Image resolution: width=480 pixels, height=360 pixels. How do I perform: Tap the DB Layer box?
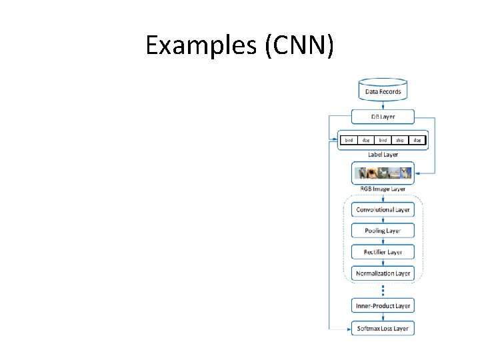[383, 117]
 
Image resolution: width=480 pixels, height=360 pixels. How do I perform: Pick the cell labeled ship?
[399, 141]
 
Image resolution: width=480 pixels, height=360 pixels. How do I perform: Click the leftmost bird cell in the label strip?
[349, 141]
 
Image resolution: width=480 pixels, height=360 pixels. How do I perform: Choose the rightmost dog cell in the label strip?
[417, 141]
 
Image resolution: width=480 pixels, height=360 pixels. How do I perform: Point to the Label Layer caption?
[383, 155]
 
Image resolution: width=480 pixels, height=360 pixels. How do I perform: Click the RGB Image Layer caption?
[383, 189]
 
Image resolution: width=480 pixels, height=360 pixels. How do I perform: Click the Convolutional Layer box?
[383, 209]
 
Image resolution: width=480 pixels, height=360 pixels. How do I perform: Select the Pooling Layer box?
[383, 231]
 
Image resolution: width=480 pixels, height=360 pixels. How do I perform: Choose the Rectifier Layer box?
[383, 252]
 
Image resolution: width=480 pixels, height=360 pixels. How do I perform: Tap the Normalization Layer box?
[383, 273]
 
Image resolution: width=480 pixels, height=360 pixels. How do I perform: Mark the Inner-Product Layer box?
[383, 306]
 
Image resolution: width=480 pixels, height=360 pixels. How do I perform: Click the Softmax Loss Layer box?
[383, 328]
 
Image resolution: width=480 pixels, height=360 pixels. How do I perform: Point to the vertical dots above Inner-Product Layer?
[383, 290]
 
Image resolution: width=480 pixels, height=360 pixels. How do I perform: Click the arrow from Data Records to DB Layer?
[383, 105]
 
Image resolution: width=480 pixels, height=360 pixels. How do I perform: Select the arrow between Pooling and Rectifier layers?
[383, 241]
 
